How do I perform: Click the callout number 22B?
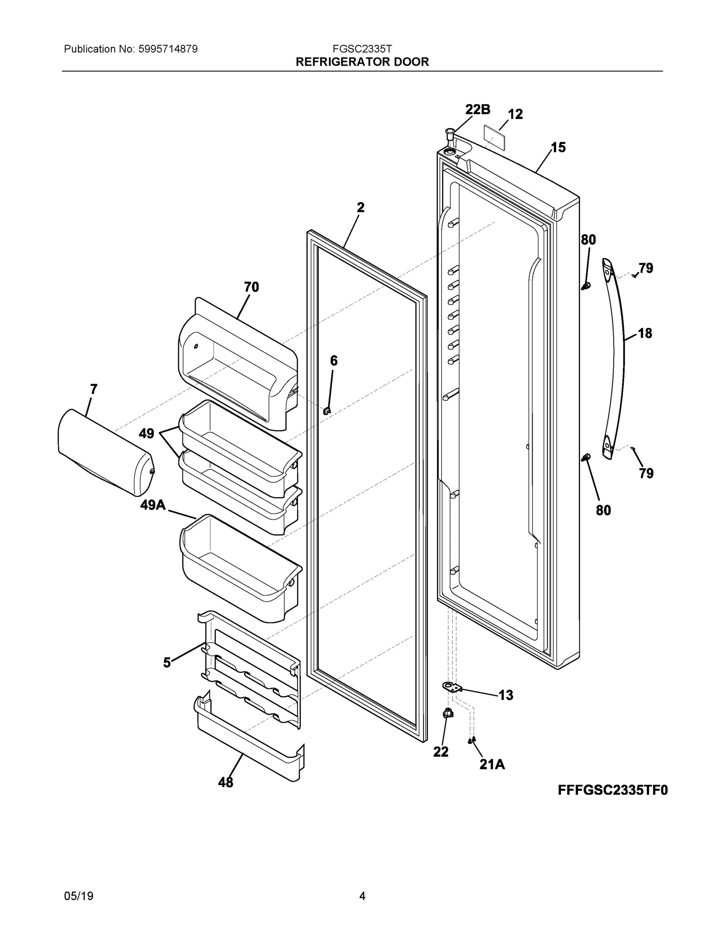478,109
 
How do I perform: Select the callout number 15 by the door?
559,148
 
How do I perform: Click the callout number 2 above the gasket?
360,208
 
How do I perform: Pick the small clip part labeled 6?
327,411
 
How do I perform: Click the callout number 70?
252,287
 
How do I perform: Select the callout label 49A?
153,505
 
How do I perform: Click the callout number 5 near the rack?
166,663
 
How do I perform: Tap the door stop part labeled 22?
448,713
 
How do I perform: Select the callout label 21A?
492,764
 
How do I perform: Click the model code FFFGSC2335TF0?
612,790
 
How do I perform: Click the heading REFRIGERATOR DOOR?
362,62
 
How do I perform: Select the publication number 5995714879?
168,49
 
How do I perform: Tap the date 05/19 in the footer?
79,896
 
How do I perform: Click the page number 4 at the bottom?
362,896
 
